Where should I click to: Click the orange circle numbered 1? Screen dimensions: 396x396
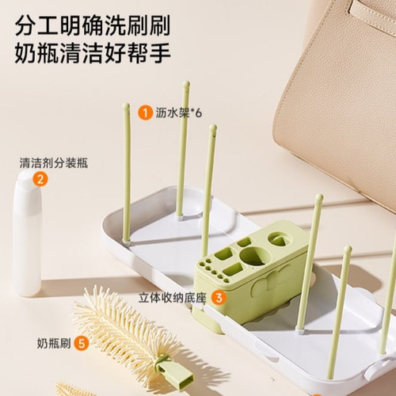[x=145, y=112]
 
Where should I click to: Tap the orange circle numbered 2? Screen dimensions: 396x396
[x=40, y=179]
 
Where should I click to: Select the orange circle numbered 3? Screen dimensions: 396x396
[x=219, y=298]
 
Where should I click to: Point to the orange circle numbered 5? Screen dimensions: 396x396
[x=82, y=344]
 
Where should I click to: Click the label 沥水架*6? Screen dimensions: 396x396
[x=178, y=112]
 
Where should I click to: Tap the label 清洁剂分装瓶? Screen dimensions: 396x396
[x=54, y=163]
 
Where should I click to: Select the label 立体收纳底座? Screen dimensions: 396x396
[x=172, y=298]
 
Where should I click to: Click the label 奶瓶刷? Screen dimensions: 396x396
[x=54, y=344]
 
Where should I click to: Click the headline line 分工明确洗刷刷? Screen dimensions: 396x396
[x=92, y=25]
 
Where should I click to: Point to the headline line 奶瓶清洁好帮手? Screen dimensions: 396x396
[x=93, y=53]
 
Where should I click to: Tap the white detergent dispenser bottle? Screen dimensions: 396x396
[x=27, y=233]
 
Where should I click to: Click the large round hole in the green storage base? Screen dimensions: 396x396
[x=256, y=256]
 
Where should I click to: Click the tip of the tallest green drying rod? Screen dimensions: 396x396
[x=186, y=84]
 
